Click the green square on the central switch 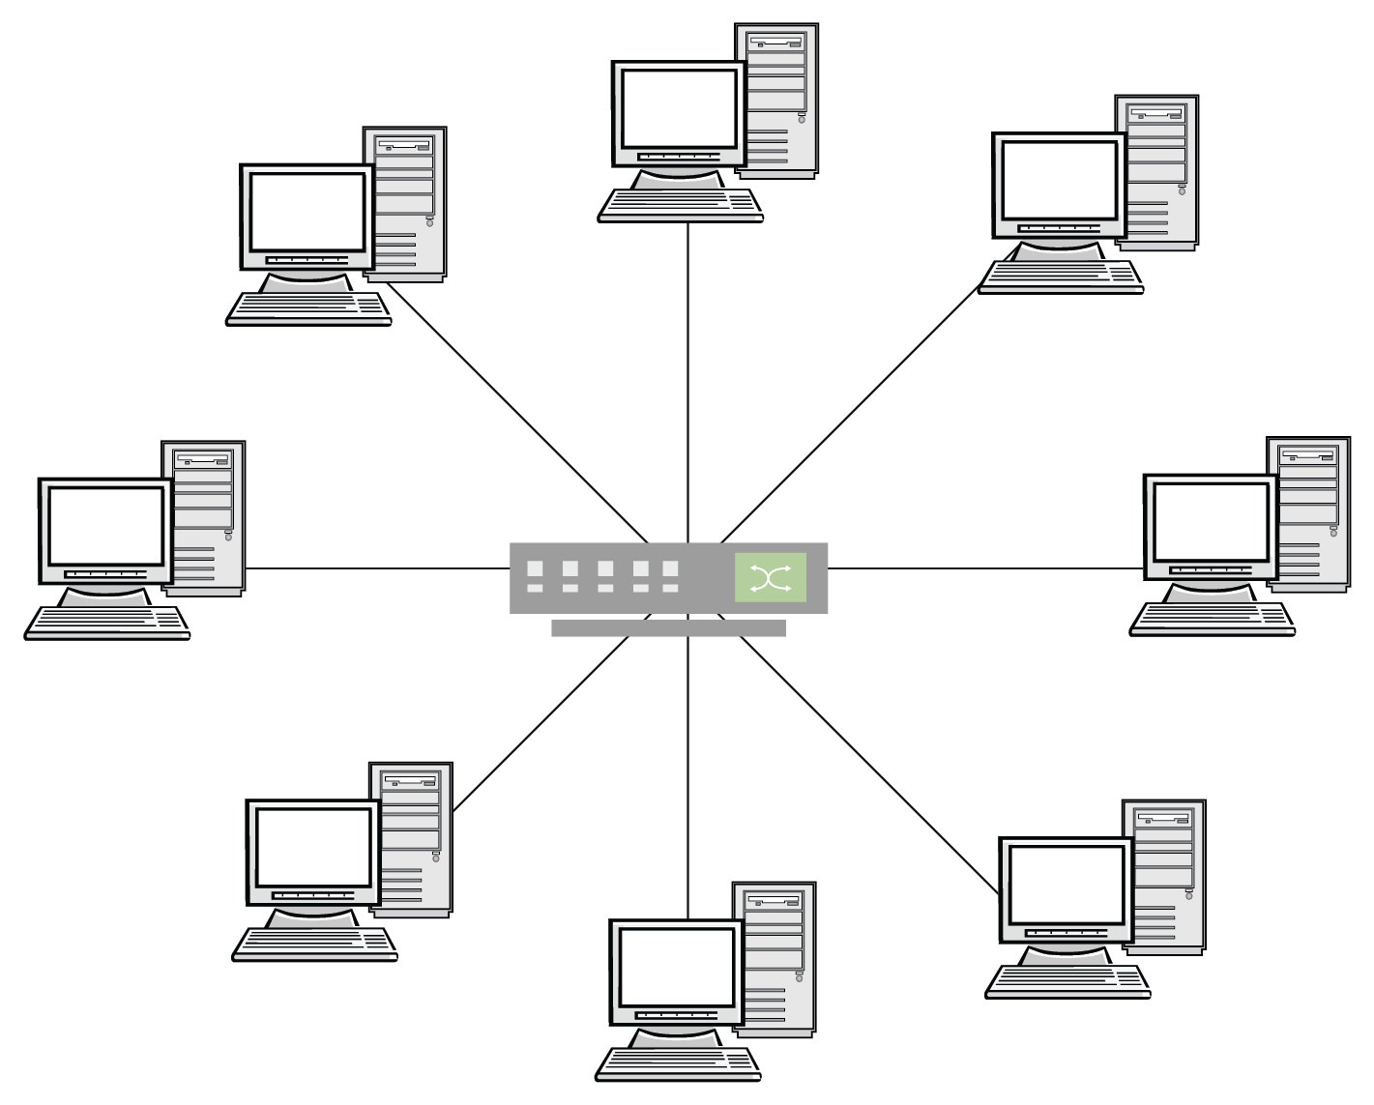pos(770,578)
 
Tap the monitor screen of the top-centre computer pos(680,106)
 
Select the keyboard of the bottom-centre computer pos(677,1062)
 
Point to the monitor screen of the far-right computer pos(1210,522)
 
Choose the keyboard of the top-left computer pos(308,308)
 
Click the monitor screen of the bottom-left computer pos(312,848)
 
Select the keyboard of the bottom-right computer pos(1067,980)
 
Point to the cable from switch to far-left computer pos(377,568)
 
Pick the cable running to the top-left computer pos(517,413)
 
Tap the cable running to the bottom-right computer pos(870,764)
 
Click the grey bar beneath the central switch pos(668,628)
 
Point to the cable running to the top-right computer pos(851,411)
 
